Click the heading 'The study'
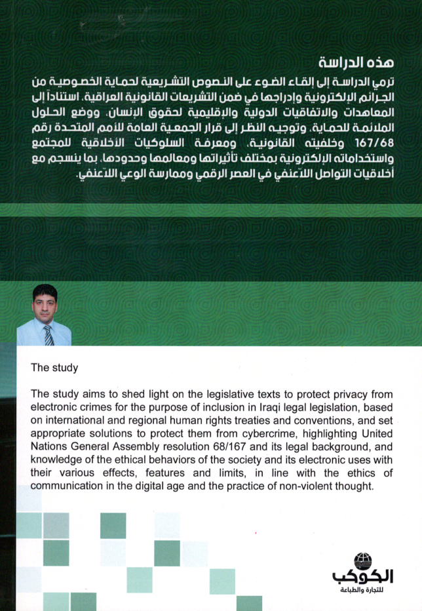(54, 368)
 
